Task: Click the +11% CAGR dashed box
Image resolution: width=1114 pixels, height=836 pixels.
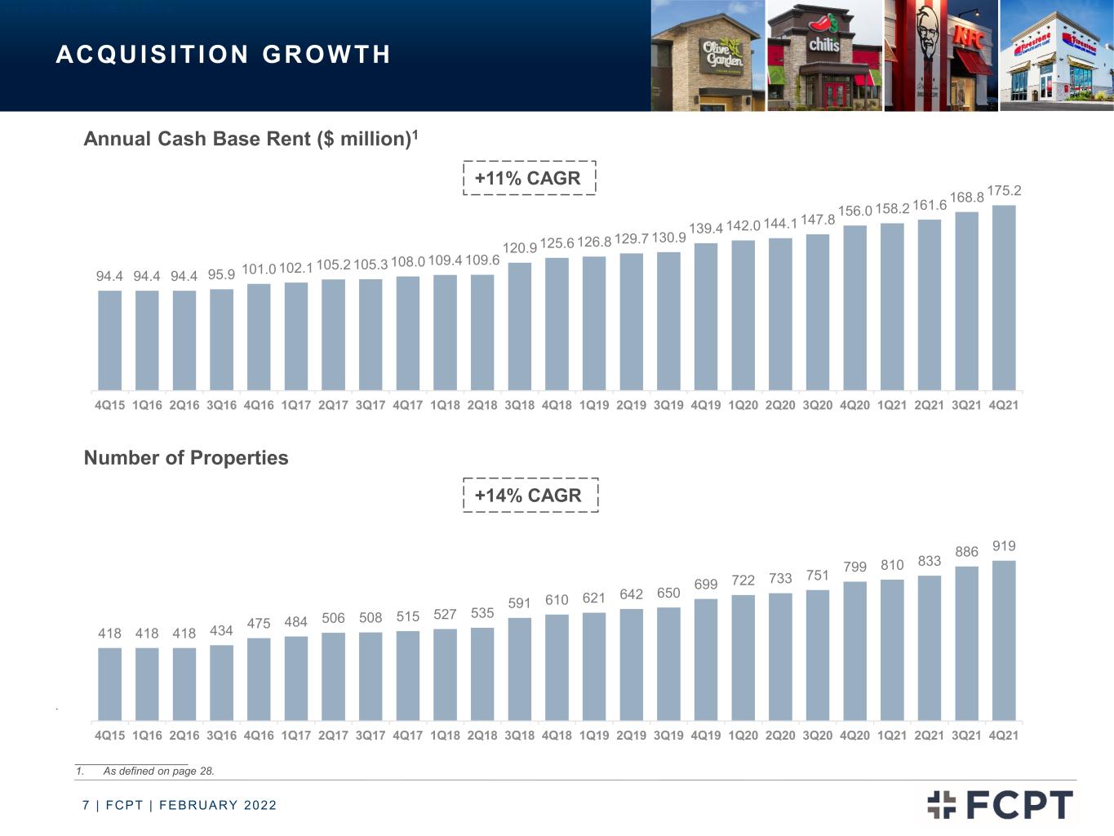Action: coord(529,178)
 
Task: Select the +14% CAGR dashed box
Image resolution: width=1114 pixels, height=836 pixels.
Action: coord(530,495)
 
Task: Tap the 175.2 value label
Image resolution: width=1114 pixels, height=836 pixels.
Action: coord(1004,190)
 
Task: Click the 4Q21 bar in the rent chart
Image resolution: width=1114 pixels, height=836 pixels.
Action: coord(1004,298)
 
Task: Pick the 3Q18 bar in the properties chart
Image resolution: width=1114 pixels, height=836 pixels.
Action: coord(519,669)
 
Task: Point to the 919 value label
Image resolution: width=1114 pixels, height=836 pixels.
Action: coord(1004,545)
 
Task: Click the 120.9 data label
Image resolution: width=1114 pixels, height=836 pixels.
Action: coord(519,247)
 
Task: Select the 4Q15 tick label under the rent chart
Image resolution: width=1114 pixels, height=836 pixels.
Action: coord(109,405)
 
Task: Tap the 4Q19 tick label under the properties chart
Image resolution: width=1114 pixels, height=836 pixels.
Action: coord(705,735)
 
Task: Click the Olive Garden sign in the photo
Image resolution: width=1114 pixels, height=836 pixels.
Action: coord(723,55)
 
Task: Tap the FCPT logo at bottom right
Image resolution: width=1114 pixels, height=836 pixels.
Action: coord(1000,804)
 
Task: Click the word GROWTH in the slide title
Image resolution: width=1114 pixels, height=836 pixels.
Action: coord(326,55)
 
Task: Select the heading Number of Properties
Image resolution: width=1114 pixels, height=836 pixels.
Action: coord(186,457)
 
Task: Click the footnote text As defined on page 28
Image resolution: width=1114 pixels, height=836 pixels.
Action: coord(158,771)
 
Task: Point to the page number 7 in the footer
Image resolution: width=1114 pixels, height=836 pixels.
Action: coord(86,805)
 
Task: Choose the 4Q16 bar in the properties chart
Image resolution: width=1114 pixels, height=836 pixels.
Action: coord(259,679)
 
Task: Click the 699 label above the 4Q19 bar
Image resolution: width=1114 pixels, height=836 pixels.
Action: coord(705,584)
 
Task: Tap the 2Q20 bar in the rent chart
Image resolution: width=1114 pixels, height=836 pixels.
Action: coord(780,314)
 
